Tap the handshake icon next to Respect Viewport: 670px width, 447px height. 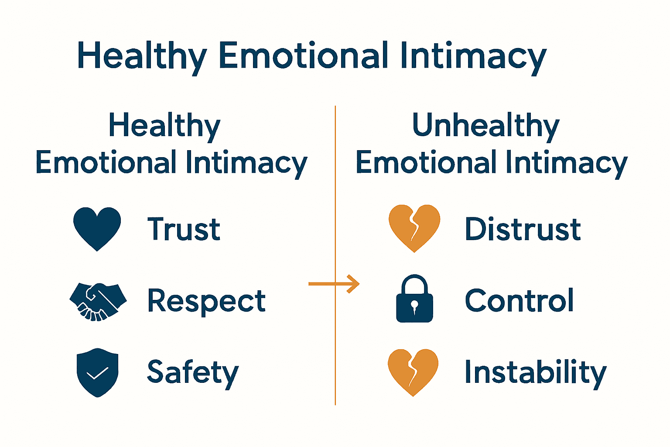click(98, 301)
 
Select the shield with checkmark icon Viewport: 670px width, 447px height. click(97, 372)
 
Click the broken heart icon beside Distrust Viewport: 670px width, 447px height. click(414, 227)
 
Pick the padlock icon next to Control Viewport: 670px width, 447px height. click(414, 299)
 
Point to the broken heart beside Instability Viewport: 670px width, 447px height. click(413, 371)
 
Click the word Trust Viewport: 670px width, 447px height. click(184, 229)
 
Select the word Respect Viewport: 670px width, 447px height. click(206, 301)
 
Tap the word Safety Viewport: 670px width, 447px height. click(193, 372)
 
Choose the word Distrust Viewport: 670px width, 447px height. click(522, 229)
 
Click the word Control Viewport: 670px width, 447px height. click(519, 301)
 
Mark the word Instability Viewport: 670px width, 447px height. click(535, 372)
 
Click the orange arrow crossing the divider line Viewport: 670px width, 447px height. click(334, 284)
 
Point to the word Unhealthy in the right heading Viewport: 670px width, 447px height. click(485, 125)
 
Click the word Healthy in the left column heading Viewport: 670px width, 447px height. click(164, 125)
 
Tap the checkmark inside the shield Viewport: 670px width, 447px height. click(97, 373)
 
